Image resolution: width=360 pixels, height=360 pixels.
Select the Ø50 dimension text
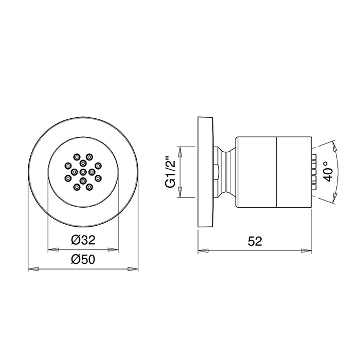click(83, 260)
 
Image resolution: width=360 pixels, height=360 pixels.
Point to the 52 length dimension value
click(255, 241)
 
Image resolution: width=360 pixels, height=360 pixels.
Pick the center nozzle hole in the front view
click(83, 171)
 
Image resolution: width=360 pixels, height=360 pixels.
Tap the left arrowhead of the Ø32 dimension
click(51, 250)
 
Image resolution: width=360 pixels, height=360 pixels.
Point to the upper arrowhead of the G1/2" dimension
click(179, 150)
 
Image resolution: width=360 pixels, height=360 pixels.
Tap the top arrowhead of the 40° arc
click(333, 146)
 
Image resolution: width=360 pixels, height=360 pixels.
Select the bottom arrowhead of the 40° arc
click(333, 197)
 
